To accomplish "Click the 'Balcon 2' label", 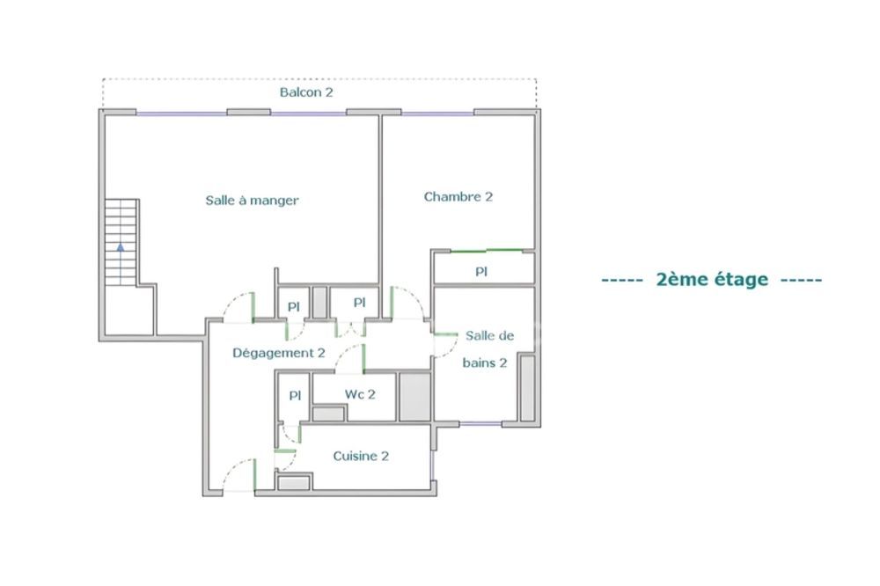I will click(306, 92).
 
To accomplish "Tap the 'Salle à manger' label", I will click(252, 201).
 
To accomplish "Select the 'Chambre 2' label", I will click(458, 196).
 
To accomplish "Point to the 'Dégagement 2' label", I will click(279, 353).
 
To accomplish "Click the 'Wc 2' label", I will click(360, 394).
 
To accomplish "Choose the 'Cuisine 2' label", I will click(361, 456).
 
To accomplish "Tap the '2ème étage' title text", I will click(712, 280).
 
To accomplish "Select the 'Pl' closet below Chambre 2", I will click(481, 272).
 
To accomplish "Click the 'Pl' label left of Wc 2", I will click(294, 395).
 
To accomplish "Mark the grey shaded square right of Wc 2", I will click(414, 396).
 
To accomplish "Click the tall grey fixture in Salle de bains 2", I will click(527, 388).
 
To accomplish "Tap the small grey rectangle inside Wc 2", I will click(329, 413).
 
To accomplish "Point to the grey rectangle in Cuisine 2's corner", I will click(294, 482).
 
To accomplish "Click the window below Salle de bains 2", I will click(481, 425).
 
